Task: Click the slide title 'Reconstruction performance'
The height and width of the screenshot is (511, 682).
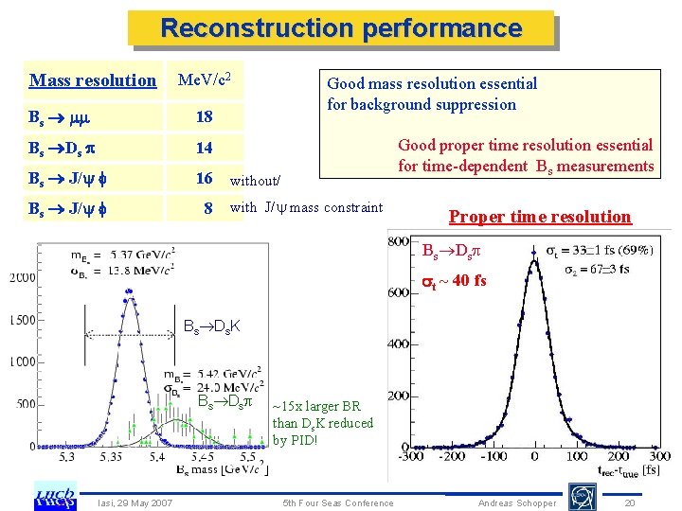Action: click(x=341, y=28)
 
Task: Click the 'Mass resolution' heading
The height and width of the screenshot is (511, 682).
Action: click(x=93, y=80)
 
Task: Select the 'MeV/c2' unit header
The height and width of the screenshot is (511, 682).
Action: click(x=206, y=79)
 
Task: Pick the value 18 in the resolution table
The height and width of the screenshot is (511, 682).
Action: click(x=204, y=117)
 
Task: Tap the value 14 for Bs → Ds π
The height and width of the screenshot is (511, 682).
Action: click(x=204, y=148)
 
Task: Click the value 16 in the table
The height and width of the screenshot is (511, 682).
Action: click(x=204, y=178)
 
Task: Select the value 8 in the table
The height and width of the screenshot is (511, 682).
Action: click(x=206, y=208)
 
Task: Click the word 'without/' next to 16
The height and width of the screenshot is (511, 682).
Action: click(x=255, y=180)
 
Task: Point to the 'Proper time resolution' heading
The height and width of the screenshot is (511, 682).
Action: click(x=539, y=217)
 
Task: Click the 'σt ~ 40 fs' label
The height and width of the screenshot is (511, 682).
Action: click(x=454, y=280)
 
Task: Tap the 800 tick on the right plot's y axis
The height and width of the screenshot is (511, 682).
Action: click(x=398, y=239)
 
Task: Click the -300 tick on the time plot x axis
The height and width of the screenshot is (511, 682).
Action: click(x=411, y=457)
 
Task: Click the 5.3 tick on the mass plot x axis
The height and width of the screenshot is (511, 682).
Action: click(x=67, y=456)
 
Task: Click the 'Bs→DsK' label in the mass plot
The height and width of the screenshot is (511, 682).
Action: click(x=211, y=327)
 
